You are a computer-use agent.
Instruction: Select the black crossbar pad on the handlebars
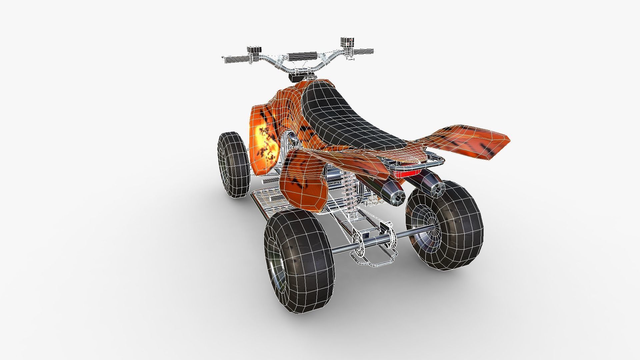click(x=302, y=56)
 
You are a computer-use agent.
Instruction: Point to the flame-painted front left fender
click(x=265, y=140)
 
